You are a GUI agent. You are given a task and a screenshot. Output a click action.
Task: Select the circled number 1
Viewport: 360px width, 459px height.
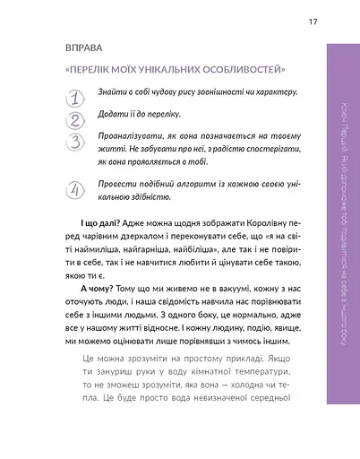tap(75, 96)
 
